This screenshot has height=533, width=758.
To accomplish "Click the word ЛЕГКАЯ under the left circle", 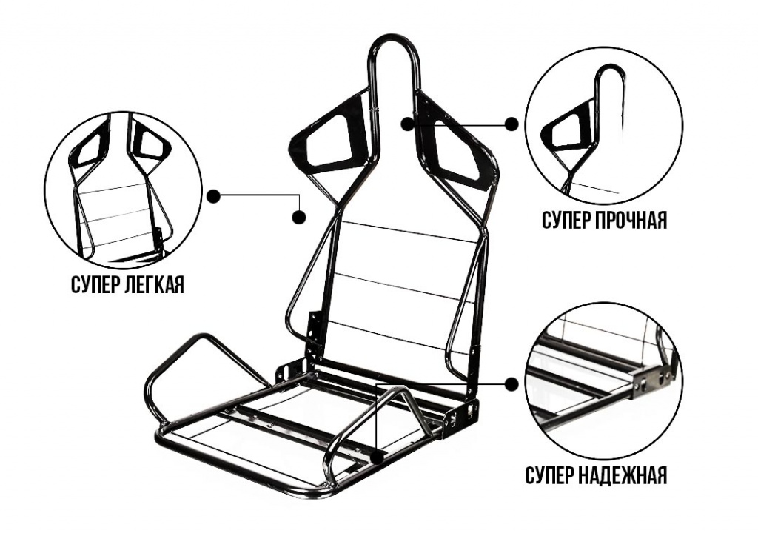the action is tap(155, 285).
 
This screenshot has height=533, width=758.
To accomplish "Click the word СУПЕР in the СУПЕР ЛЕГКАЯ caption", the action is tap(95, 285).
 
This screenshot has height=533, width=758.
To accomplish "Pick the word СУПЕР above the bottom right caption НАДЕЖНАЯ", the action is tap(549, 475).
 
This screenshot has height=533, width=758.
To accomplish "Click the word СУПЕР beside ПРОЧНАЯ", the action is tap(565, 220).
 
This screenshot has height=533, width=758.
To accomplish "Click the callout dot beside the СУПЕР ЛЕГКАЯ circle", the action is tap(213, 195).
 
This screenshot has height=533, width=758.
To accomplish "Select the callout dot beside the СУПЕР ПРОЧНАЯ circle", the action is tap(511, 124).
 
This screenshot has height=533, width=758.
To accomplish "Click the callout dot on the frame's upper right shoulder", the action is tap(408, 124).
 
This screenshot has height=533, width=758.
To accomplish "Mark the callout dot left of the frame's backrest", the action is tap(300, 217).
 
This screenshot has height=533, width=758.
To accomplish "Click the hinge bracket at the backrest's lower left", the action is tap(315, 335).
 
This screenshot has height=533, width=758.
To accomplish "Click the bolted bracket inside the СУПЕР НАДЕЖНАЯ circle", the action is tap(654, 377).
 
